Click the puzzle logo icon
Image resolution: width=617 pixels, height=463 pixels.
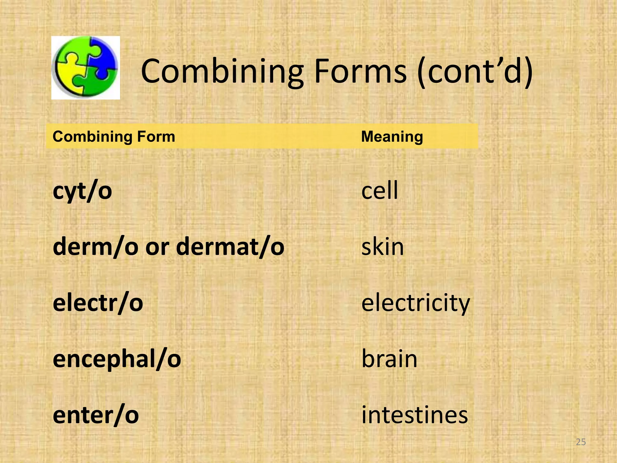(86, 68)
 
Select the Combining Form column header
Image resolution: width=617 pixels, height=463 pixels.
(114, 137)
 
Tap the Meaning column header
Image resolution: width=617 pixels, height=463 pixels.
(392, 137)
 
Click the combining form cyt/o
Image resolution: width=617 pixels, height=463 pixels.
(82, 191)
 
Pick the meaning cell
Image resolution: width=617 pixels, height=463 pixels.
(380, 191)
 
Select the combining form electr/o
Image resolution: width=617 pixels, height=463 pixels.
(98, 303)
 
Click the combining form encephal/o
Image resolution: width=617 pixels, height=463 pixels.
(117, 359)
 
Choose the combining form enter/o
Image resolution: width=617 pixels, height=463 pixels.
(96, 415)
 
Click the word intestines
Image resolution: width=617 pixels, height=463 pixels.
(415, 415)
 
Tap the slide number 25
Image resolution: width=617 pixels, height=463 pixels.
(581, 442)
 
